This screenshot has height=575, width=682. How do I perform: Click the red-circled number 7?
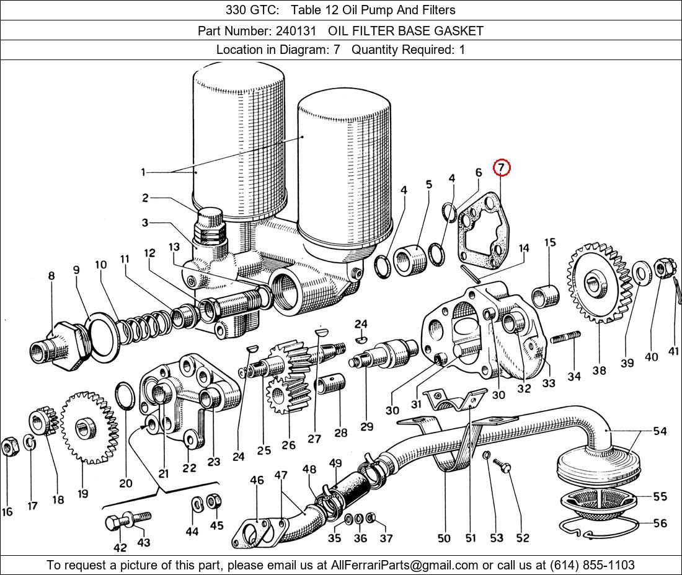click(x=501, y=168)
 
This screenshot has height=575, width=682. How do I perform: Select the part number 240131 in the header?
click(x=291, y=30)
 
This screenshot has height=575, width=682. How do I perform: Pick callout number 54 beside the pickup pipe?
click(x=660, y=431)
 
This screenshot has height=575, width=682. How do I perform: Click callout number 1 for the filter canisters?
click(x=143, y=172)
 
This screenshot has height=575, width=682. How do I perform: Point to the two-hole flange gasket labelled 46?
click(x=256, y=530)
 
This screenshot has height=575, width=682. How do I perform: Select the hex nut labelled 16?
click(x=9, y=446)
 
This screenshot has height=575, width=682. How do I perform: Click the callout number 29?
click(x=366, y=426)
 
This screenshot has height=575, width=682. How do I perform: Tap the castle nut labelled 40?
click(x=660, y=268)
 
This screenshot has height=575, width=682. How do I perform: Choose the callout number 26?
click(x=288, y=444)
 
